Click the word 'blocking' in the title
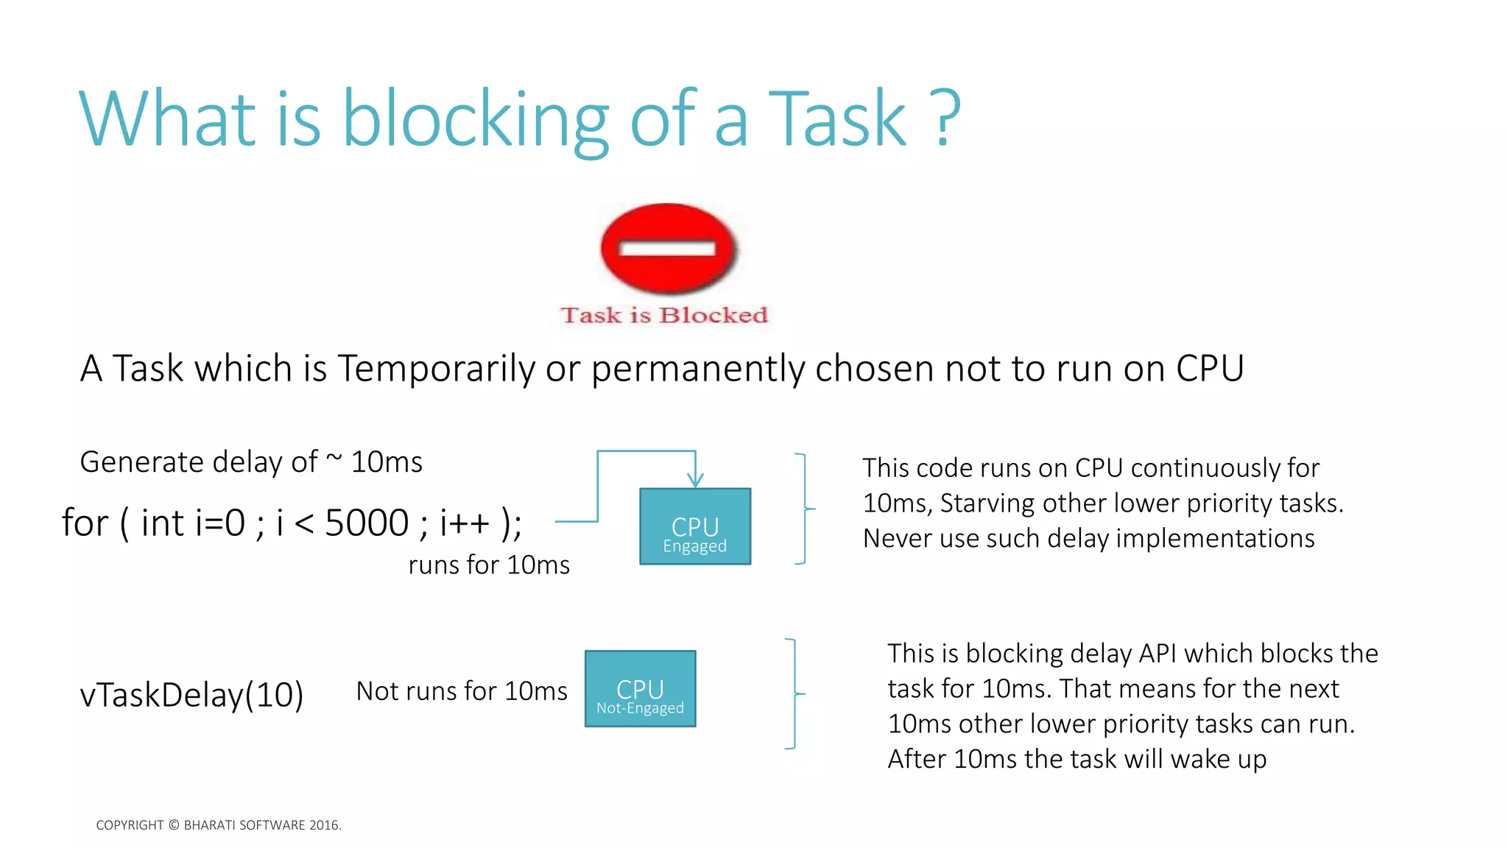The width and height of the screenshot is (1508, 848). [475, 119]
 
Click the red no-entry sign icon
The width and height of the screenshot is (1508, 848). [669, 248]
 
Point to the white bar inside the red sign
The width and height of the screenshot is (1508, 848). [668, 249]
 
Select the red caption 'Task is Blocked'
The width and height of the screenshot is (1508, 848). [664, 315]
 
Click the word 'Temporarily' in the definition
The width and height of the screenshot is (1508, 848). [436, 369]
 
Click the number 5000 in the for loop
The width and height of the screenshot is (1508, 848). [367, 523]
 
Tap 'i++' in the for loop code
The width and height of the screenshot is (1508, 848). [465, 523]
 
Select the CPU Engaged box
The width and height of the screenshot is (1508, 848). [695, 526]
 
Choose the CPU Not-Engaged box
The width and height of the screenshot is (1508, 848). [640, 689]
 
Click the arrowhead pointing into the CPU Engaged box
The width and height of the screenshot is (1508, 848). [695, 480]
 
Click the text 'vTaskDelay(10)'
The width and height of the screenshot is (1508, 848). [191, 695]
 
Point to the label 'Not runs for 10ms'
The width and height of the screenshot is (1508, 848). [462, 691]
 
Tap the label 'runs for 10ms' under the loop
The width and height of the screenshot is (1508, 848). [489, 565]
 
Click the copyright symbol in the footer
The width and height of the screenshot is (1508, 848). [174, 825]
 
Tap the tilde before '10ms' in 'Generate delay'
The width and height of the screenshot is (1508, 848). [334, 459]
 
